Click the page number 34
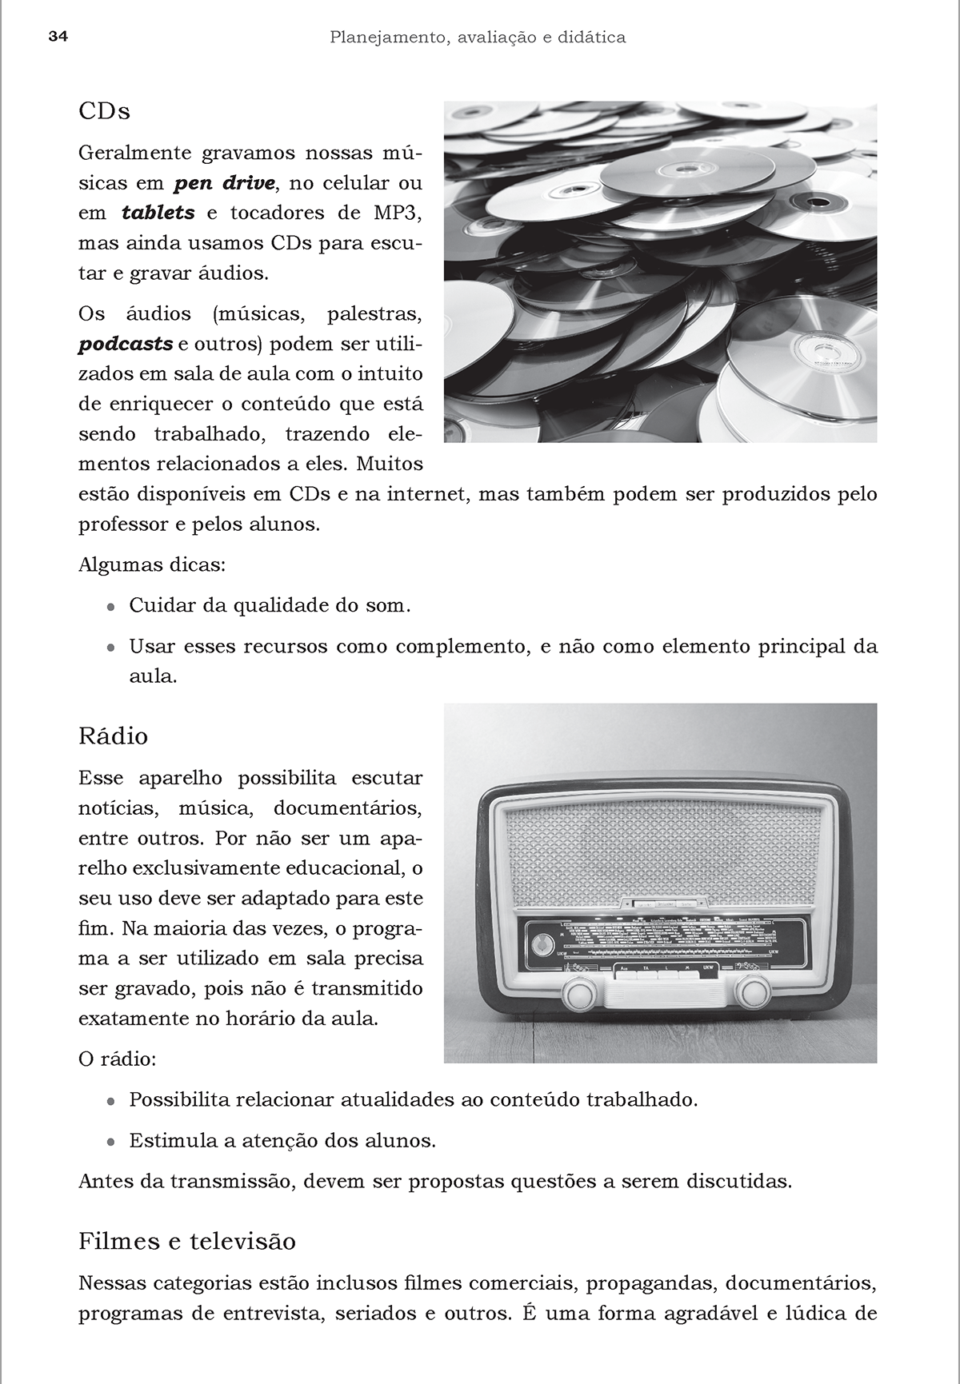tap(58, 37)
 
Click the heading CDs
tap(104, 111)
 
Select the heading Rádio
tap(113, 736)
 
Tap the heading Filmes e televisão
tap(187, 1241)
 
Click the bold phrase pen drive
tap(225, 183)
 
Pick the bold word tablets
tap(158, 213)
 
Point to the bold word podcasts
tap(126, 344)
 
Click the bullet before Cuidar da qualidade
tap(111, 607)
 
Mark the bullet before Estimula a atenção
tap(111, 1142)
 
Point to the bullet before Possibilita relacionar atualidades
tap(111, 1101)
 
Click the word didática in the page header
tap(592, 37)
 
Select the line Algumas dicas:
tap(152, 565)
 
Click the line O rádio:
tap(117, 1060)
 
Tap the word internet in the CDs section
tap(426, 494)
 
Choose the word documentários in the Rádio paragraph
tap(347, 808)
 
